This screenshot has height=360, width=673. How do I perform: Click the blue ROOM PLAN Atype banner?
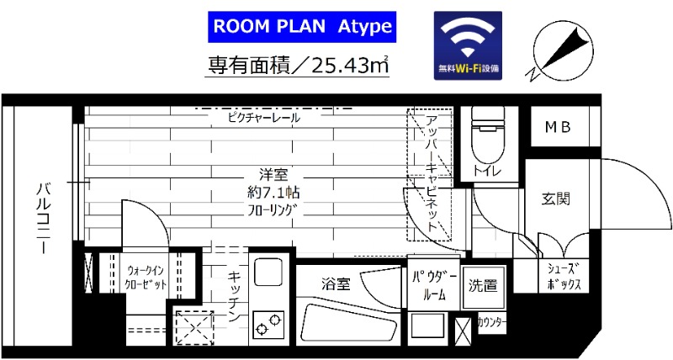[x=301, y=26]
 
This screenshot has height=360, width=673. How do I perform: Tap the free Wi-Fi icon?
[x=468, y=46]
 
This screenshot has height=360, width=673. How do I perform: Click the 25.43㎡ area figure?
[x=349, y=63]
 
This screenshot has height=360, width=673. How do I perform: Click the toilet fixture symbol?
[x=485, y=139]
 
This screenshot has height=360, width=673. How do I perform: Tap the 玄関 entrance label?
[x=556, y=199]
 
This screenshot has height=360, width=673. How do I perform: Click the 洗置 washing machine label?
[x=484, y=285]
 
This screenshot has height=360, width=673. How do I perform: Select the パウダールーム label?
[x=434, y=285]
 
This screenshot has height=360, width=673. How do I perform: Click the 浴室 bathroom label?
[x=336, y=283]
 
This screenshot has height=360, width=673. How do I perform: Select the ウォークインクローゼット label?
[x=146, y=278]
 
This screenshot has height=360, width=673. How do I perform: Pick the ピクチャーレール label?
[x=264, y=119]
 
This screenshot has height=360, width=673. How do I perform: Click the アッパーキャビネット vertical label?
[x=430, y=172]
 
